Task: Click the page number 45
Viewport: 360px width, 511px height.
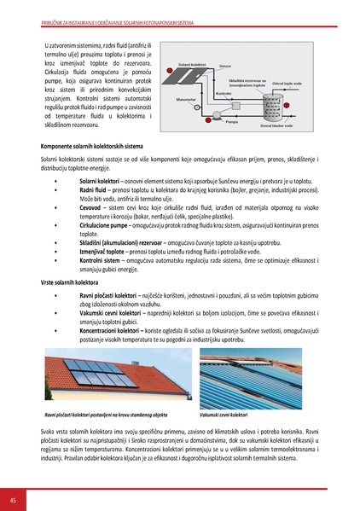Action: (13, 499)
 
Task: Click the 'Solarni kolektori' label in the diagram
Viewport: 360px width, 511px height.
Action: (193, 64)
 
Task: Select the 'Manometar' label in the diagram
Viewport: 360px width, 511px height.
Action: (186, 99)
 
